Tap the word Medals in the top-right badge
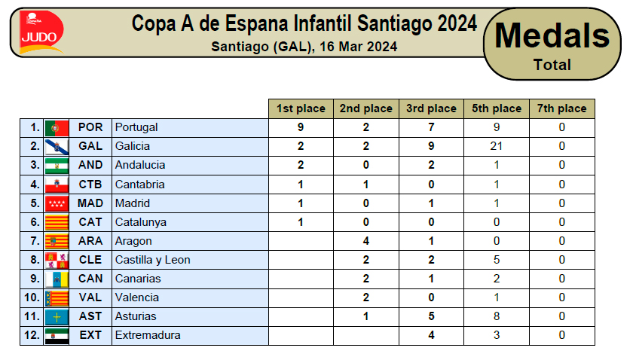552,35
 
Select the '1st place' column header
301,108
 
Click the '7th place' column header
561,108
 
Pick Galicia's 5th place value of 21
497,146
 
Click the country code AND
90,165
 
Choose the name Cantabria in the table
140,184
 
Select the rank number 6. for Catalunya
34,222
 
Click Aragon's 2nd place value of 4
365,241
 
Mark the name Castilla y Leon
152,260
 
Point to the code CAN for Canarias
90,279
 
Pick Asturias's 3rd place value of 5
431,316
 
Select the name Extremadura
148,335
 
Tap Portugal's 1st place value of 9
301,127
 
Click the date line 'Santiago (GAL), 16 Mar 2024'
304,46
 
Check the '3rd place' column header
431,108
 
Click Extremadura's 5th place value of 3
497,335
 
